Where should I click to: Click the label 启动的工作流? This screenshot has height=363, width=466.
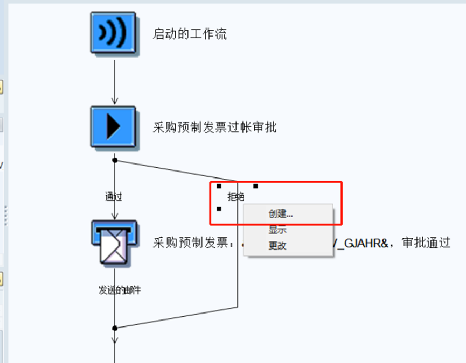click(x=190, y=34)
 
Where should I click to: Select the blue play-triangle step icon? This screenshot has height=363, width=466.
click(x=113, y=127)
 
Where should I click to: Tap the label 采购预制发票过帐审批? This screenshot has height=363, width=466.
click(x=215, y=127)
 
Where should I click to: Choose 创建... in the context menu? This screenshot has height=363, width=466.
click(x=281, y=213)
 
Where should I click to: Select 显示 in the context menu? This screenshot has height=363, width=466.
click(x=277, y=230)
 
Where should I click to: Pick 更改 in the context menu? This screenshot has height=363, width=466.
click(x=277, y=246)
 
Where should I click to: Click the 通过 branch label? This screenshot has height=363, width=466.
click(x=114, y=197)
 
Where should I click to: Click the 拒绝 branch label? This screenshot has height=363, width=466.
click(x=236, y=197)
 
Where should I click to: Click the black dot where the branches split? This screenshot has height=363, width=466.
click(x=115, y=160)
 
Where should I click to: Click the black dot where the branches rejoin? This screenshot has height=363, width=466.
click(x=115, y=328)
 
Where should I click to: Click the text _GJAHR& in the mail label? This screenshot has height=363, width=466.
click(x=361, y=243)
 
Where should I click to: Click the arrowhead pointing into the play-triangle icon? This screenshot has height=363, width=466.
click(x=115, y=101)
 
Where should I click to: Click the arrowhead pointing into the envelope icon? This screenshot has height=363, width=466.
click(x=115, y=216)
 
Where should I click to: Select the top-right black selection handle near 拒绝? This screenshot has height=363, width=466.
click(x=256, y=187)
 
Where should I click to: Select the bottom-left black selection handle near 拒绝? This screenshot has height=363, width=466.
click(x=219, y=209)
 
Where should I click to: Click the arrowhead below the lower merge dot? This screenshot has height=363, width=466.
click(x=115, y=339)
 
